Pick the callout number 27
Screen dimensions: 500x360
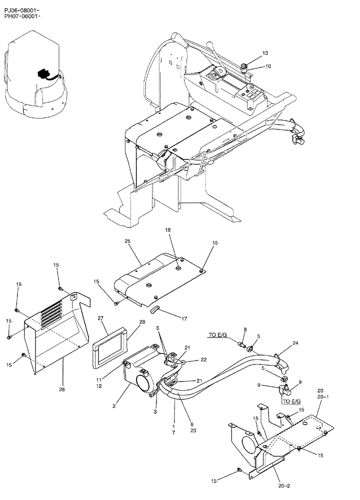100,318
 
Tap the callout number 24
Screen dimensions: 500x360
295,343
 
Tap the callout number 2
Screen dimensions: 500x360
114,406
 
